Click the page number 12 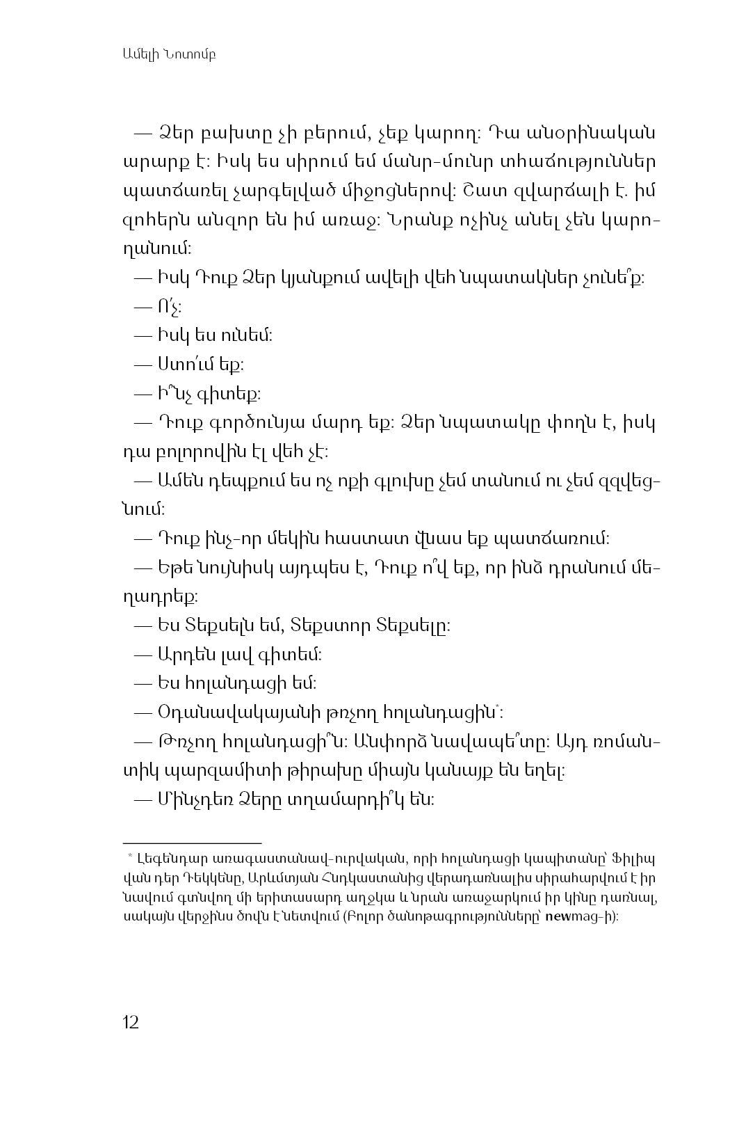tap(131, 1022)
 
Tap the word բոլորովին tap(196, 452)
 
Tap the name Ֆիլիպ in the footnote tap(640, 857)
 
